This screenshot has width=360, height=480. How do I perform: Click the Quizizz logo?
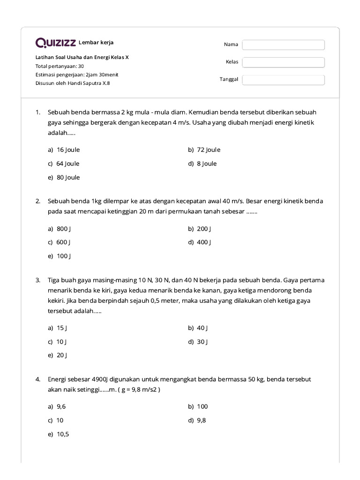[x=56, y=43]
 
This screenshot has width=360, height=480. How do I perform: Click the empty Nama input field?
[x=283, y=45]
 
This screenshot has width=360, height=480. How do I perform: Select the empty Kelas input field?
[x=283, y=62]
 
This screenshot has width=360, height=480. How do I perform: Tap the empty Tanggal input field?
[x=283, y=80]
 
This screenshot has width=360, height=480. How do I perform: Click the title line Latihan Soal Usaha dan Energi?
[x=82, y=57]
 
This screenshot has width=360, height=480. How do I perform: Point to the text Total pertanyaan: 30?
[x=60, y=66]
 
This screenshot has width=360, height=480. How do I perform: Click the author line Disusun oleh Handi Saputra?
[x=73, y=83]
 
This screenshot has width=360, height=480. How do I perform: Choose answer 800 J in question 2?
[x=63, y=229]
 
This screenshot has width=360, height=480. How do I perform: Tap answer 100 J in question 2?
[x=63, y=256]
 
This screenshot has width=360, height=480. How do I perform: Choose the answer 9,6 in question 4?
[x=61, y=406]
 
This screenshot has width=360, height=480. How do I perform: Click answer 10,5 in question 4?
[x=62, y=434]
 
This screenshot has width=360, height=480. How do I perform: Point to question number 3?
[x=38, y=280]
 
